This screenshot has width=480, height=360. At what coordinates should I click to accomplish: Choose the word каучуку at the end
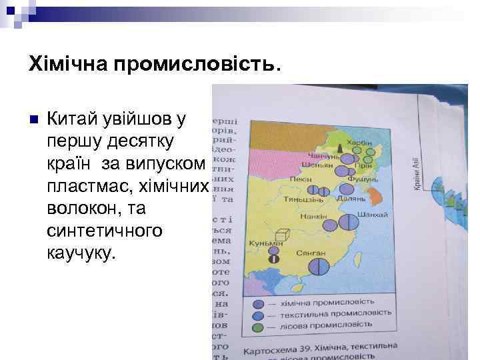pos(81,253)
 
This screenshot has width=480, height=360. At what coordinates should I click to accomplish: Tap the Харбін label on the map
pos(364,143)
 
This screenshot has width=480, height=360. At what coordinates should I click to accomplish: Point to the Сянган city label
pos(312,253)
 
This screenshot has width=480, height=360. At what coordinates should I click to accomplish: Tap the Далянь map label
pos(351,199)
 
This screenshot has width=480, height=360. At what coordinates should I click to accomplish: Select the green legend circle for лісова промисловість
pos(259,327)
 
